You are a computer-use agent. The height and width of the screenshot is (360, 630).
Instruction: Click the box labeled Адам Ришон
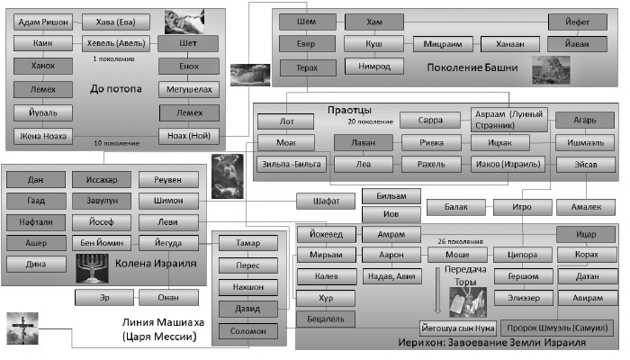pos(43,23)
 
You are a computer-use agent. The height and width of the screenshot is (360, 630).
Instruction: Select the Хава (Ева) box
pos(109,23)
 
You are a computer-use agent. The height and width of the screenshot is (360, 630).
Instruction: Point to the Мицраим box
pos(443,43)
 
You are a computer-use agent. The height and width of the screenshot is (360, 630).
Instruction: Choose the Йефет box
pos(580,22)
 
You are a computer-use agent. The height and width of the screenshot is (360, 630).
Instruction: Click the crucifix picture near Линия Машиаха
pos(20,327)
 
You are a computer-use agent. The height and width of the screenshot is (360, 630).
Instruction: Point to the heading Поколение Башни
pos(475,67)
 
